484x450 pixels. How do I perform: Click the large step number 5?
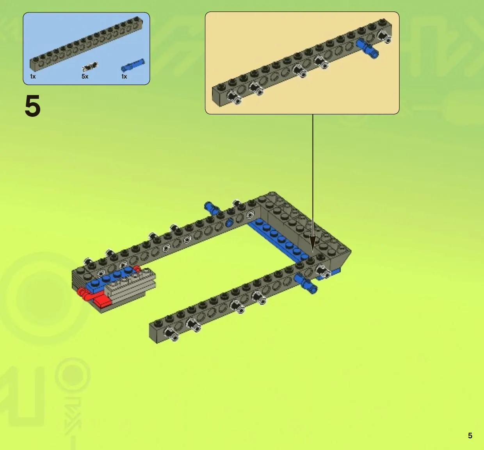pyautogui.click(x=32, y=106)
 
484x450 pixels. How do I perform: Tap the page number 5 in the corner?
pyautogui.click(x=470, y=436)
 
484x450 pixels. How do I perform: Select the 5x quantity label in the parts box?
pyautogui.click(x=85, y=76)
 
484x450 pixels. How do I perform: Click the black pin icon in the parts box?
pyautogui.click(x=90, y=66)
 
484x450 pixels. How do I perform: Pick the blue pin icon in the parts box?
pyautogui.click(x=133, y=65)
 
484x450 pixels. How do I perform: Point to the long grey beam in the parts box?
pyautogui.click(x=86, y=43)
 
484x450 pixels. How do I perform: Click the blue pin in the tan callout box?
pyautogui.click(x=367, y=49)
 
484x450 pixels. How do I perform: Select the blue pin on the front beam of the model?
pyautogui.click(x=306, y=284)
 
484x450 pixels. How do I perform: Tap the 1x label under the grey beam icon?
pyautogui.click(x=33, y=77)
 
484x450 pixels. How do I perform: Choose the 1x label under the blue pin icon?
pyautogui.click(x=124, y=77)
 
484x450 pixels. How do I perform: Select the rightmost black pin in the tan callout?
pyautogui.click(x=385, y=37)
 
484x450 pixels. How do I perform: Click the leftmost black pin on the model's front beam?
pyautogui.click(x=171, y=334)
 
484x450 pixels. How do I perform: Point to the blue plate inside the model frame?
pyautogui.click(x=278, y=239)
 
